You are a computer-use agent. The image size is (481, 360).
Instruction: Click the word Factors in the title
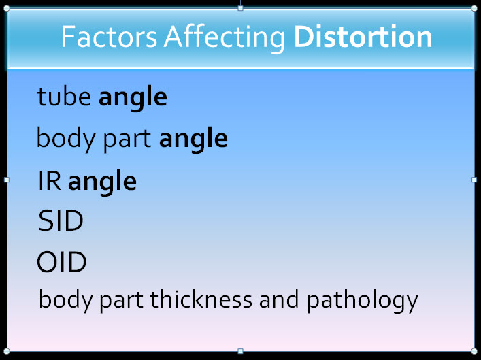click(x=110, y=37)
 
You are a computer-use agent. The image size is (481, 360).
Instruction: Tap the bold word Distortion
click(x=363, y=37)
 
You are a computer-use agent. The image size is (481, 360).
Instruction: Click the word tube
click(x=64, y=97)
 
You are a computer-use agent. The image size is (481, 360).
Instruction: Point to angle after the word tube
click(x=133, y=99)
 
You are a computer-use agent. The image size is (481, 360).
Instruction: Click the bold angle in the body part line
click(x=193, y=140)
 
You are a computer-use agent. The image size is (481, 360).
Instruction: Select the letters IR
click(x=50, y=181)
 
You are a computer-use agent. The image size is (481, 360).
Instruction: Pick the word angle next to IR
click(x=102, y=183)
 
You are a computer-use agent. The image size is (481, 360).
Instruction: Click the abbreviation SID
click(x=61, y=220)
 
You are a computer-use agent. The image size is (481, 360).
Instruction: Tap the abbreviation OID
click(x=62, y=262)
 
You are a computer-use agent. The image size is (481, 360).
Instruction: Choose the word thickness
click(x=201, y=299)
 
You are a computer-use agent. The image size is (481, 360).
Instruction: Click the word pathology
click(x=363, y=301)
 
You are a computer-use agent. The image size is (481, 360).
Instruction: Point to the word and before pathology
click(x=278, y=299)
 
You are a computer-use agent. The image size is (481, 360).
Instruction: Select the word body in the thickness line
click(x=65, y=301)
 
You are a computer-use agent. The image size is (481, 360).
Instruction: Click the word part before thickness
click(x=121, y=301)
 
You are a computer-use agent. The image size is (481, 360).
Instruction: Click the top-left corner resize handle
click(x=6, y=8)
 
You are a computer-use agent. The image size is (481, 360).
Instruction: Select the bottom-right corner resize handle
click(x=474, y=351)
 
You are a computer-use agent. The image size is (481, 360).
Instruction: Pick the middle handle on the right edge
click(x=474, y=180)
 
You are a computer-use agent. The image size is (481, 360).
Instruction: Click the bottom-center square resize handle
click(x=241, y=351)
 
